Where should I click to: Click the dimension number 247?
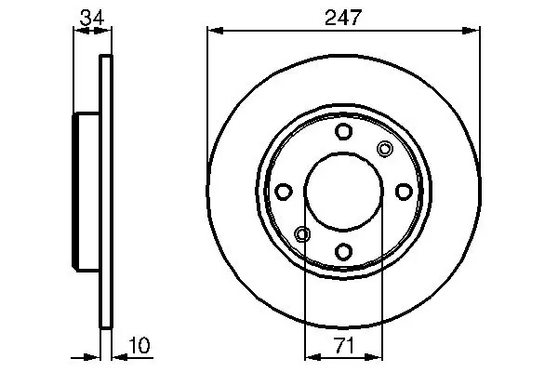click(x=342, y=17)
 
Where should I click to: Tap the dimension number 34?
click(x=92, y=17)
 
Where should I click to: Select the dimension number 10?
click(x=139, y=345)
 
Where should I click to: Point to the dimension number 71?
click(x=344, y=346)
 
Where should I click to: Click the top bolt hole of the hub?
click(x=343, y=131)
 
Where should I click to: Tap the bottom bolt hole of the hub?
click(x=343, y=251)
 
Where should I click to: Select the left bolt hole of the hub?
click(x=284, y=192)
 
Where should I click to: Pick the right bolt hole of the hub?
click(x=404, y=192)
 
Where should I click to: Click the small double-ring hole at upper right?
click(x=385, y=149)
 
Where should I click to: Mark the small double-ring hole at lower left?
click(x=302, y=234)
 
